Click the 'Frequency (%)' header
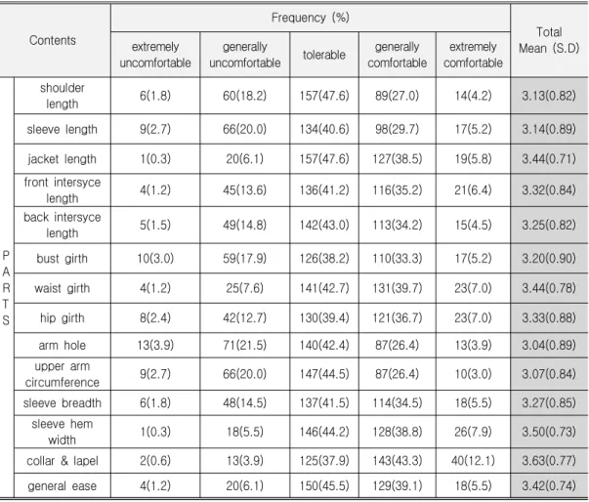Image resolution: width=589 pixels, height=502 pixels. click(x=311, y=18)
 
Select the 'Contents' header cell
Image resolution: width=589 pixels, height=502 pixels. click(x=53, y=40)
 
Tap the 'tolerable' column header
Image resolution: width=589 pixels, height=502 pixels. click(x=323, y=55)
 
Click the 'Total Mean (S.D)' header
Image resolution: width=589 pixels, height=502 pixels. click(x=549, y=40)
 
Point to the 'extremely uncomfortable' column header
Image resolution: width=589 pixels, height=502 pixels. click(x=155, y=55)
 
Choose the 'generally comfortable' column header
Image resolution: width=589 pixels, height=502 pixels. click(x=397, y=55)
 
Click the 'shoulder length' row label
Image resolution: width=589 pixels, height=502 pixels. click(x=62, y=96)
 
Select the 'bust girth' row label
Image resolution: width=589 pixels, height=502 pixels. click(x=62, y=258)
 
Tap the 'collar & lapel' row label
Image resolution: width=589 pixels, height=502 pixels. click(x=62, y=460)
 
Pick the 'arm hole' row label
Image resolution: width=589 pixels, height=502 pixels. click(x=62, y=345)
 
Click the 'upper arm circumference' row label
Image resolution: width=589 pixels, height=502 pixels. click(x=62, y=374)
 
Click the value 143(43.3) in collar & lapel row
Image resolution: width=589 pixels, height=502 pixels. click(x=397, y=460)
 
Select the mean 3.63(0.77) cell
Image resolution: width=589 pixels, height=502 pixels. click(x=548, y=460)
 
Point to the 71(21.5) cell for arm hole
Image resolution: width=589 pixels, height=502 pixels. click(x=244, y=345)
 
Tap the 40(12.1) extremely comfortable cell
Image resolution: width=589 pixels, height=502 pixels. click(x=473, y=460)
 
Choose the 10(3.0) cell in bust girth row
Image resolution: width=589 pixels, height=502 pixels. click(x=155, y=258)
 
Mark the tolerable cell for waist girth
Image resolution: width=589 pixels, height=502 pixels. click(x=323, y=288)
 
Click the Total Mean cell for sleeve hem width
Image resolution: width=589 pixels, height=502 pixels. click(x=548, y=432)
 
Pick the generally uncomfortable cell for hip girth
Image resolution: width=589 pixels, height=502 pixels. click(x=244, y=317)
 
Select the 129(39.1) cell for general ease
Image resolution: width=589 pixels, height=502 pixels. click(x=397, y=485)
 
